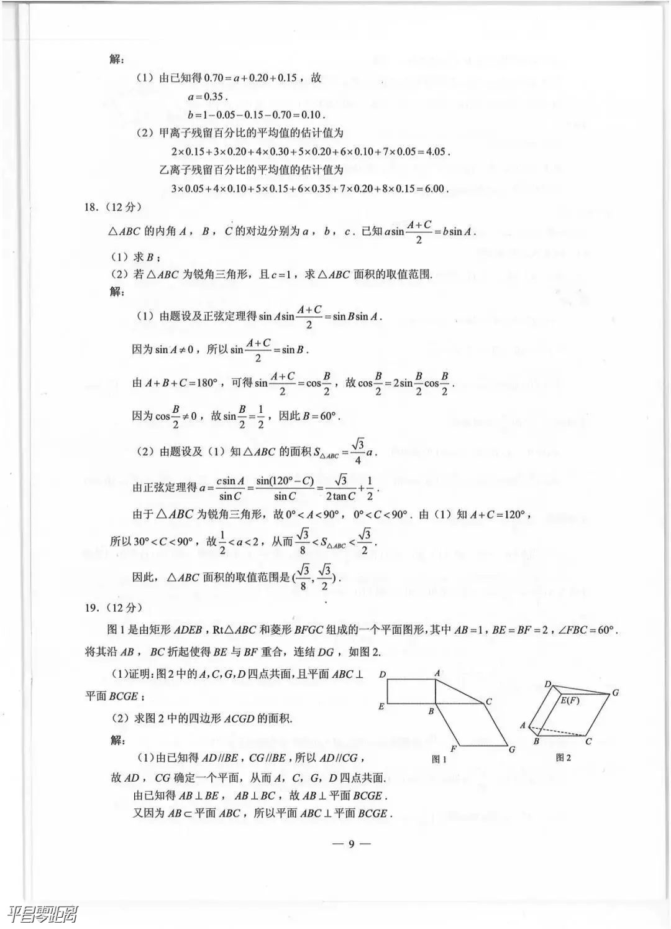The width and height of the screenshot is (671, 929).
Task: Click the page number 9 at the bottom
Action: point(350,844)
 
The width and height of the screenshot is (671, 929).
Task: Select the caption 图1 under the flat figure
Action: point(439,759)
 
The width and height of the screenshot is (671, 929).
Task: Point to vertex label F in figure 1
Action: point(454,748)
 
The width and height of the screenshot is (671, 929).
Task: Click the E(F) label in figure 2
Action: point(570,701)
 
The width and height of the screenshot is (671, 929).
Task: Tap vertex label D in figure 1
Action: point(382,674)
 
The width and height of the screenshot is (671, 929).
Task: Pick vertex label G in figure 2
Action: point(615,692)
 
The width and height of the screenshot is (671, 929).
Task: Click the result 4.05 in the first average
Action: point(434,152)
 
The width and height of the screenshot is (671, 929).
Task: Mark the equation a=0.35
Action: point(207,97)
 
